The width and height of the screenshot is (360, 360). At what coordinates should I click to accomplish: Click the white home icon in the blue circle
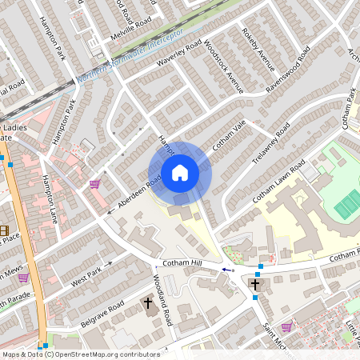(180, 173)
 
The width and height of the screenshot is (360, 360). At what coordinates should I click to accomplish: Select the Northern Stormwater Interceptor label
(131, 58)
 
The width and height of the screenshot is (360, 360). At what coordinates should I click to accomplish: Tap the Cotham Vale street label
(227, 137)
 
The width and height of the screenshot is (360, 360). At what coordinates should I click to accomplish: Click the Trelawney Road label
(274, 143)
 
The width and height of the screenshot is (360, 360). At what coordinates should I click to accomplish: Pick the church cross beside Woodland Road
(147, 303)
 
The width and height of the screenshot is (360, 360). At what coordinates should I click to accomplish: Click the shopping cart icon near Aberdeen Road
(95, 184)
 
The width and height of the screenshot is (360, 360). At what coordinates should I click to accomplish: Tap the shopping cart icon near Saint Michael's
(286, 326)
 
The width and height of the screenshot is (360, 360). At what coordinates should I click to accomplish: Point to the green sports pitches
(347, 203)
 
